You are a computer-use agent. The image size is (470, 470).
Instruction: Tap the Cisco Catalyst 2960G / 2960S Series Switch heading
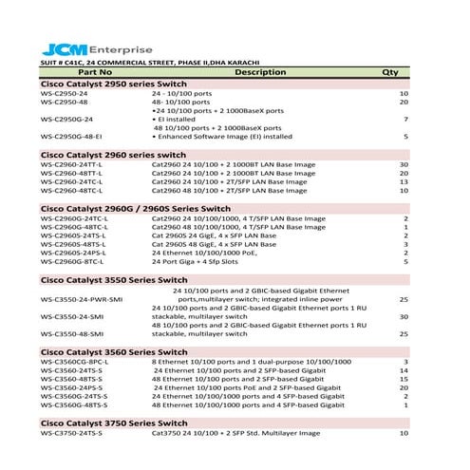(135, 207)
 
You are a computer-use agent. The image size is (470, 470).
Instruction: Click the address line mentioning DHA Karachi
(150, 63)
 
